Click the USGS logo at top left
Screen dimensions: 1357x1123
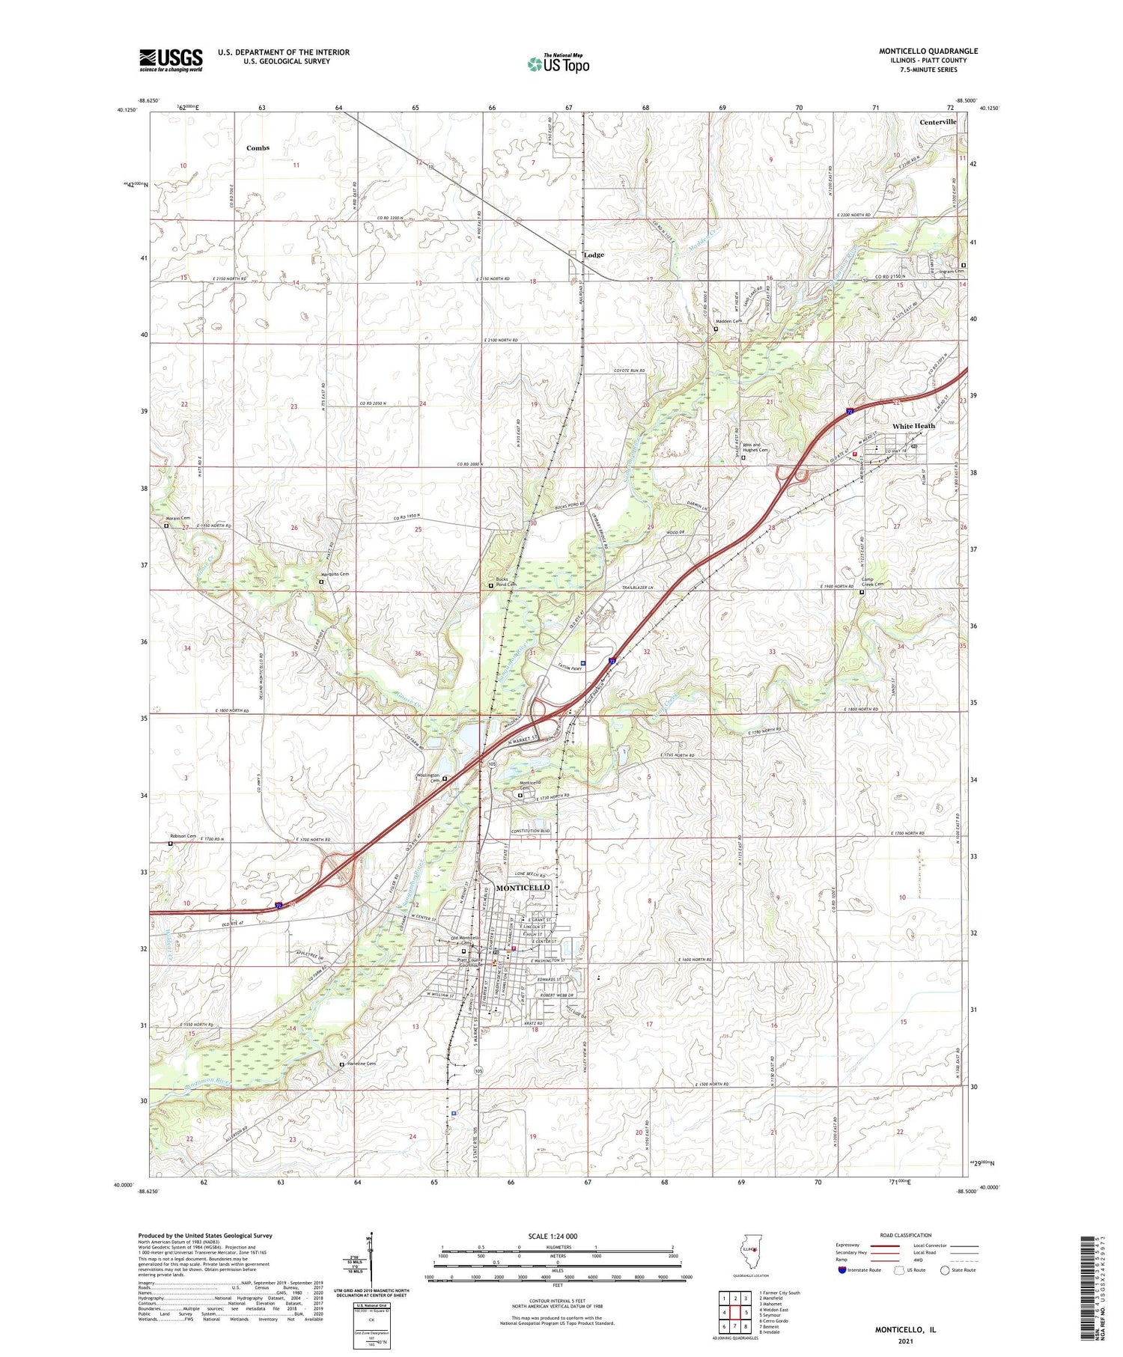(x=171, y=60)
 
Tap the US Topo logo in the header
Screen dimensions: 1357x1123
(x=558, y=64)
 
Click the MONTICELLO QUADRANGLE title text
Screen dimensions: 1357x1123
(x=928, y=51)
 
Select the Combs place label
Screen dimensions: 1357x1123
(x=258, y=148)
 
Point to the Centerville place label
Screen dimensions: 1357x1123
(x=937, y=122)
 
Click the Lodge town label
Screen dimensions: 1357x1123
(x=593, y=255)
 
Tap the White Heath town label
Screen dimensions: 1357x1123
(x=913, y=426)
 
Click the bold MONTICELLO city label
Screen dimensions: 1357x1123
(x=523, y=887)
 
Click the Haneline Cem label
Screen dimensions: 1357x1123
(x=361, y=1064)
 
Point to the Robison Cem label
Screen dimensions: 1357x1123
(x=182, y=836)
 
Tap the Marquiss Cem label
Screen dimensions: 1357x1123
(x=329, y=574)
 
